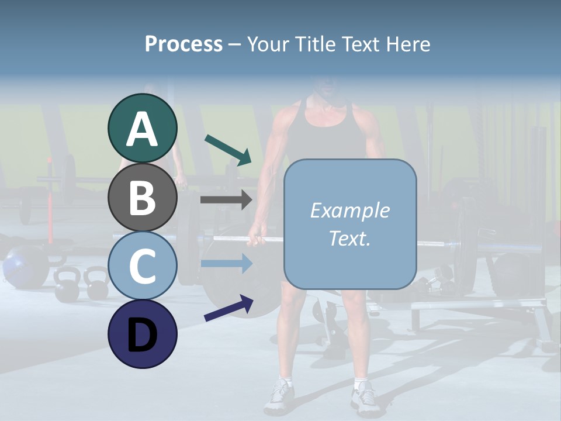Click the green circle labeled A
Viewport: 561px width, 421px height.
point(143,129)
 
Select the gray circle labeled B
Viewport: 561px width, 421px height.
point(143,197)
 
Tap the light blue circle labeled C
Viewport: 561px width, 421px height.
point(143,265)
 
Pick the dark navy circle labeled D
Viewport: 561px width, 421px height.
point(143,334)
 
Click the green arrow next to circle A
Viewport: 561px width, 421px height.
point(228,150)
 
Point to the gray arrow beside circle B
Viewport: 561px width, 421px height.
point(226,200)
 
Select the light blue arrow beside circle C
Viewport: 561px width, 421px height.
point(226,264)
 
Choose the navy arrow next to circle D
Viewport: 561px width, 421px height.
point(228,308)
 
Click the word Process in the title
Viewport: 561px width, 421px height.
point(183,44)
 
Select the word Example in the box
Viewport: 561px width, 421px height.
point(349,210)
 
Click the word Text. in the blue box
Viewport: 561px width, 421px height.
point(349,238)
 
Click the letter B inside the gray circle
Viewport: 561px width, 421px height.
point(143,197)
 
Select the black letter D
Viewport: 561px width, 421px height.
point(143,334)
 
